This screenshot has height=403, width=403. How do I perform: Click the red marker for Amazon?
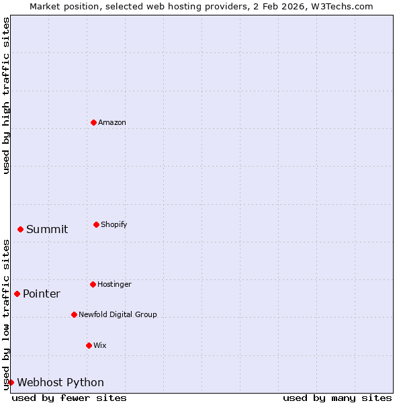93,122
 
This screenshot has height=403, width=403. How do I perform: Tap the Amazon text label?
111,123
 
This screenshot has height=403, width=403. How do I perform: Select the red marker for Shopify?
96,224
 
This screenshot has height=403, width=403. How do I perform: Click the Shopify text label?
114,225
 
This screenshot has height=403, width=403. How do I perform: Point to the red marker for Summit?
20,229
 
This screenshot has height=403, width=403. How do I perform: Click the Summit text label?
47,230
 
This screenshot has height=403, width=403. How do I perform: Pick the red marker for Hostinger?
93,284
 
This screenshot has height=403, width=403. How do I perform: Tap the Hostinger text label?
114,285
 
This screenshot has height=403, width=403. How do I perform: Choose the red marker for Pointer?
17,294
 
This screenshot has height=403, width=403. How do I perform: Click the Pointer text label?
42,294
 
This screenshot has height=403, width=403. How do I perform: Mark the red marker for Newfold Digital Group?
74,314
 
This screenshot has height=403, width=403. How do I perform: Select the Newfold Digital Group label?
118,315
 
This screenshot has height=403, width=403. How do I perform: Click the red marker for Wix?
89,345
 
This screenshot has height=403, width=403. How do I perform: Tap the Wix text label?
99,346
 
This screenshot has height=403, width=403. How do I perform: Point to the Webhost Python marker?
11,382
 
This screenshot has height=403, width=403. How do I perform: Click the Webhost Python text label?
60,383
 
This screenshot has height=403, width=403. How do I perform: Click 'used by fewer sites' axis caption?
69,398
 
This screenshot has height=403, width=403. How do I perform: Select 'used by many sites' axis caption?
337,398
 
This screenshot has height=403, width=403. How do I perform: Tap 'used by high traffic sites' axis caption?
7,95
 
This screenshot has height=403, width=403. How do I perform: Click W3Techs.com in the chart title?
340,6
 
